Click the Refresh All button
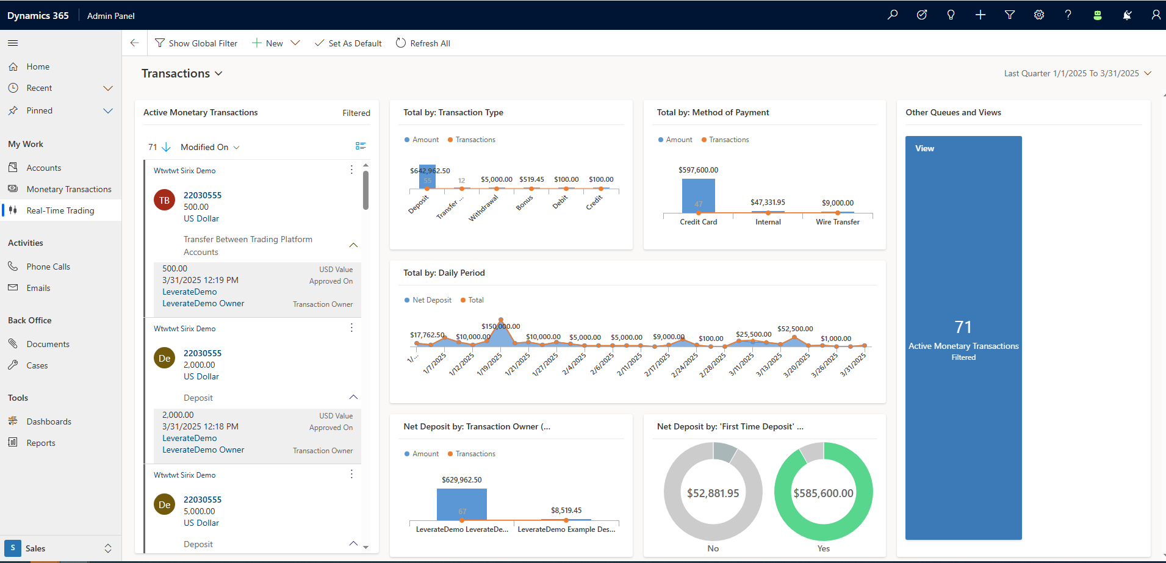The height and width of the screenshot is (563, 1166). point(423,43)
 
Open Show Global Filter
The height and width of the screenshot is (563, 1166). point(196,43)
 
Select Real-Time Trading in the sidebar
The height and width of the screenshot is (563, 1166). point(60,210)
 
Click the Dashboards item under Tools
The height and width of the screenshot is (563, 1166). point(49,421)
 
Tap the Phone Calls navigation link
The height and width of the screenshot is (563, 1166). point(48,267)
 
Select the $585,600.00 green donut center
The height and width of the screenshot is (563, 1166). point(823,493)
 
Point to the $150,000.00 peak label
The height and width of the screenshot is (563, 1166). point(500,326)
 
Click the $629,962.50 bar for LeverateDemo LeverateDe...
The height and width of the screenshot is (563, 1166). point(462,504)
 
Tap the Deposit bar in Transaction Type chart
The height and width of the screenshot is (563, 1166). point(427,177)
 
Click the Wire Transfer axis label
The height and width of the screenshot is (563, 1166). point(837,222)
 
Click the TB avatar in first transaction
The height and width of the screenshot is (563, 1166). point(164,200)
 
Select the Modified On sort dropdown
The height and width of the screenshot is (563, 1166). point(210,147)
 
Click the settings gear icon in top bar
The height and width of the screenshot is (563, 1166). point(1038,15)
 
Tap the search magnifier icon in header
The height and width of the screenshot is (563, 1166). point(893,15)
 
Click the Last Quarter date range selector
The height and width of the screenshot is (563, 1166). point(1077,73)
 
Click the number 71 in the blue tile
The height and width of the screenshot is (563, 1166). point(963,327)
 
